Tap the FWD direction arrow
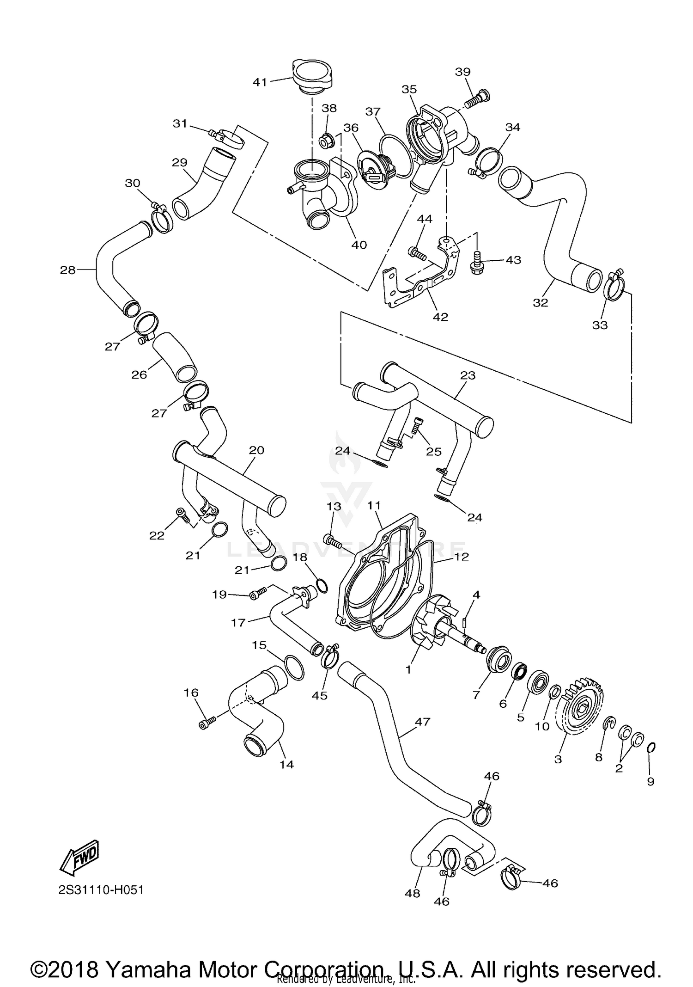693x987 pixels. [x=79, y=858]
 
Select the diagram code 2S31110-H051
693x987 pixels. [x=101, y=890]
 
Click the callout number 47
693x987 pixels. [x=423, y=722]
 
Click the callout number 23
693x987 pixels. [x=468, y=375]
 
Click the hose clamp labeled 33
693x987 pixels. [x=614, y=287]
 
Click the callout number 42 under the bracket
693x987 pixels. [x=440, y=317]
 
